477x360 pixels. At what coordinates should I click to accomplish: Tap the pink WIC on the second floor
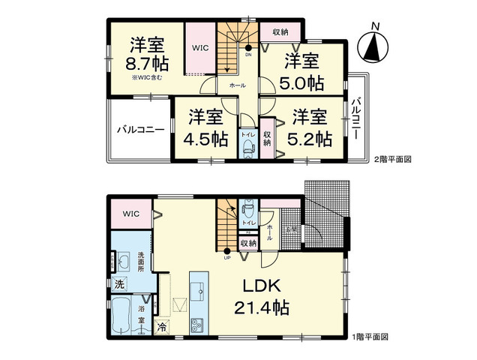click(199, 47)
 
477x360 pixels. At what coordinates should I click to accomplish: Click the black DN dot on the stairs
click(247, 47)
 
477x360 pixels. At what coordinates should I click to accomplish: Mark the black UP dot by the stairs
click(226, 252)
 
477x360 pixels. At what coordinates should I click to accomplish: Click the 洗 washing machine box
click(119, 284)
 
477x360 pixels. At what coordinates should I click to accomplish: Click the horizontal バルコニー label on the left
click(139, 130)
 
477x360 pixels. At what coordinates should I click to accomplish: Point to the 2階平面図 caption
click(393, 160)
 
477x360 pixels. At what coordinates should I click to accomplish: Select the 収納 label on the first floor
click(248, 243)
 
